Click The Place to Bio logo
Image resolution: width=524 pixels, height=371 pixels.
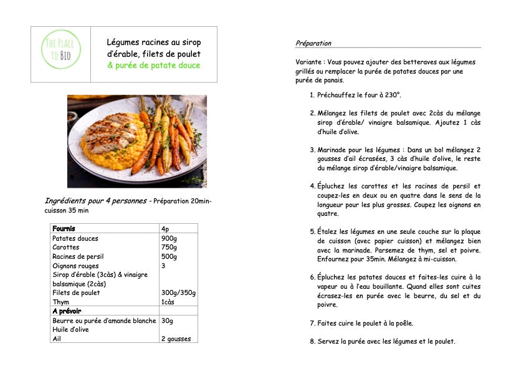click(x=60, y=53)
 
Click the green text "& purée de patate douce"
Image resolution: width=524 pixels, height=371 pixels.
click(x=154, y=65)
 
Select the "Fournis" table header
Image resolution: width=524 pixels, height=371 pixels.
click(x=64, y=229)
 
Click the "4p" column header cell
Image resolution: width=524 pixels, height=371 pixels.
click(x=165, y=229)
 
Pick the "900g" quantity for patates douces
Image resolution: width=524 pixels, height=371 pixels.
click(x=169, y=238)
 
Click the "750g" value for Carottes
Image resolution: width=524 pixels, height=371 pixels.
click(x=169, y=248)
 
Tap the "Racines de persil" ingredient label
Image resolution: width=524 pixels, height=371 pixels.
click(x=78, y=256)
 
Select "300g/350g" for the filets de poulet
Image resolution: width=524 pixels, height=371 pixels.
click(x=178, y=292)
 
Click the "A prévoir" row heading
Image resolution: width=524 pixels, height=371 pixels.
click(x=67, y=311)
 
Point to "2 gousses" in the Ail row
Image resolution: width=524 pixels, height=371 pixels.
click(x=176, y=339)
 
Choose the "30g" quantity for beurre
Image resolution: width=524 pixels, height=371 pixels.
click(x=167, y=320)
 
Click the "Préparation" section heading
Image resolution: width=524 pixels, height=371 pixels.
click(x=313, y=44)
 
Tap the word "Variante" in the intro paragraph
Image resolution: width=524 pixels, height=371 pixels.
click(x=310, y=62)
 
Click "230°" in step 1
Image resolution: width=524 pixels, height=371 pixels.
click(x=391, y=95)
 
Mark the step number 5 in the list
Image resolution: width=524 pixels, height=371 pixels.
click(x=312, y=231)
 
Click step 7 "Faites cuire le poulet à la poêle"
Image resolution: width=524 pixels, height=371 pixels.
click(x=365, y=324)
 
